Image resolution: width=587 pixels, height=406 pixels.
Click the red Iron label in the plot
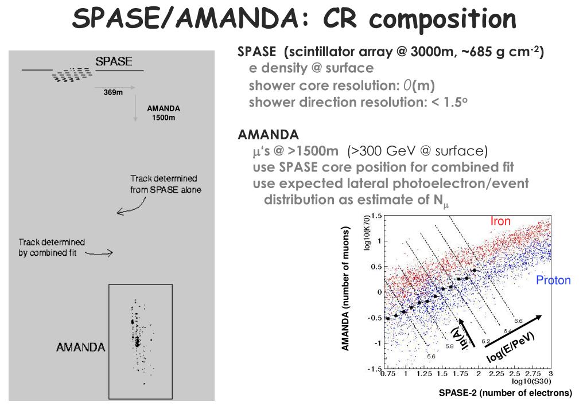[x=500, y=221]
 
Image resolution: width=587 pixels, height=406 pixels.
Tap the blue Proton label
[x=553, y=280]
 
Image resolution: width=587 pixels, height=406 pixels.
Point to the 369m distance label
[x=113, y=92]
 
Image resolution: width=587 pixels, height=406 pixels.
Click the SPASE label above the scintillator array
[x=114, y=61]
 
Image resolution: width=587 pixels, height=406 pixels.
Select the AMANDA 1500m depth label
[x=163, y=112]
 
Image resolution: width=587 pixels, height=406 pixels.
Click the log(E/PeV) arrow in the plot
[x=513, y=331]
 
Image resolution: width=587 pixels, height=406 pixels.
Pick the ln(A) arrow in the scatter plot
[x=467, y=333]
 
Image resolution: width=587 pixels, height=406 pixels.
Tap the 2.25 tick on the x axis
[x=496, y=373]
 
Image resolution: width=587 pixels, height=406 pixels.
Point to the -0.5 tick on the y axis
[x=374, y=318]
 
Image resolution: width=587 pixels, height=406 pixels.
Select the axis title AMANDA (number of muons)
[x=345, y=288]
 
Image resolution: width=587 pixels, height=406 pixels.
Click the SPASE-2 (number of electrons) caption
[x=506, y=393]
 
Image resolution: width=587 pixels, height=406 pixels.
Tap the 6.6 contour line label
[x=518, y=321]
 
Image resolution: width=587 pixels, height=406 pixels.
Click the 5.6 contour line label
[x=431, y=356]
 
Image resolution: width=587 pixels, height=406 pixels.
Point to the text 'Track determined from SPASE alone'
[x=165, y=184]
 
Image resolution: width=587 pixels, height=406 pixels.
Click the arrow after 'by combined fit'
[x=99, y=253]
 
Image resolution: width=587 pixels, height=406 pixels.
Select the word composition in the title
[x=442, y=19]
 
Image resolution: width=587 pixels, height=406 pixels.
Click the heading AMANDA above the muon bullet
[x=268, y=134]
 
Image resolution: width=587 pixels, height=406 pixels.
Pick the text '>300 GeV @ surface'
[x=417, y=151]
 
